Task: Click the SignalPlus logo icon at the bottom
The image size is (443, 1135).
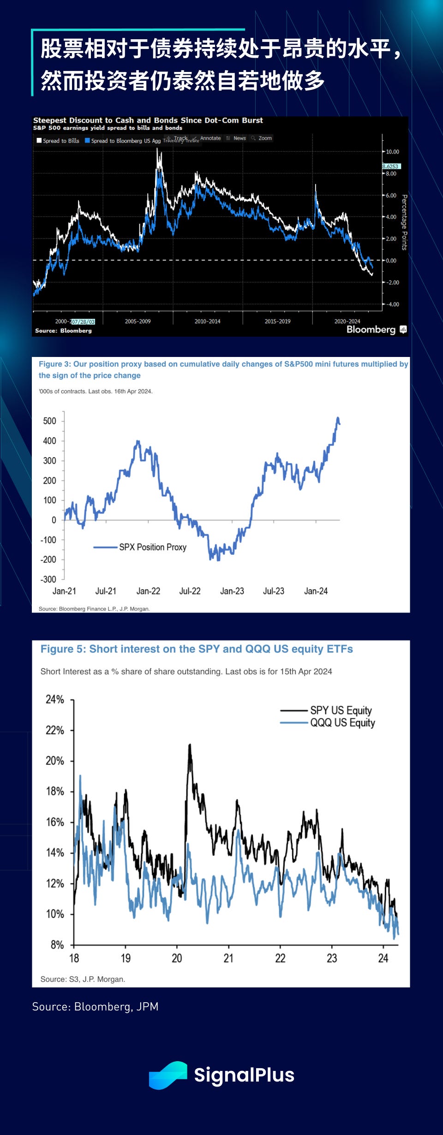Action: pyautogui.click(x=168, y=1075)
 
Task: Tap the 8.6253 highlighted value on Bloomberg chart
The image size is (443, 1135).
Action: pyautogui.click(x=391, y=166)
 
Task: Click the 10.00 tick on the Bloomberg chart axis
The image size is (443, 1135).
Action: pyautogui.click(x=392, y=152)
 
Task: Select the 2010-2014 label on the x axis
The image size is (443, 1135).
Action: pyautogui.click(x=207, y=321)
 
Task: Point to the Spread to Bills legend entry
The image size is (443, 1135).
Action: pyautogui.click(x=58, y=141)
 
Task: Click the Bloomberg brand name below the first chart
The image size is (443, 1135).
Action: pyautogui.click(x=371, y=329)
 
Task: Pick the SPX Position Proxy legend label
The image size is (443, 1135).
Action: pyautogui.click(x=152, y=547)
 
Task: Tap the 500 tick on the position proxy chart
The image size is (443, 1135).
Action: pyautogui.click(x=49, y=421)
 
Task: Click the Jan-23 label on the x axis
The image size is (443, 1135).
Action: pyautogui.click(x=232, y=591)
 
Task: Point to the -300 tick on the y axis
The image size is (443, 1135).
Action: pyautogui.click(x=48, y=579)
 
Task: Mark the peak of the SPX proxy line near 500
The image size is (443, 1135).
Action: pyautogui.click(x=338, y=418)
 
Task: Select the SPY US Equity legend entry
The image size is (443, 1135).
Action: pyautogui.click(x=341, y=710)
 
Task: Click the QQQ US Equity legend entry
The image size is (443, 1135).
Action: pyautogui.click(x=342, y=723)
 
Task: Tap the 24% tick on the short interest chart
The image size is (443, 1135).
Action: pyautogui.click(x=55, y=700)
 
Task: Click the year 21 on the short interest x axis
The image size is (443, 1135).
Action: pyautogui.click(x=228, y=958)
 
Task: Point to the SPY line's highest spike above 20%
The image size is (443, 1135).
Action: pyautogui.click(x=190, y=744)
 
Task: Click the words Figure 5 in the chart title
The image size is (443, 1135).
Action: pyautogui.click(x=63, y=649)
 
